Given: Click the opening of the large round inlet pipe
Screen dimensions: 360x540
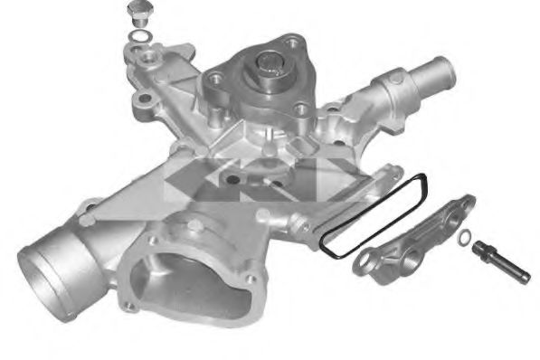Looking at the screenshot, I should tap(45, 271).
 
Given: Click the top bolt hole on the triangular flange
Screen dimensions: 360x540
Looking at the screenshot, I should tap(295, 41).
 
